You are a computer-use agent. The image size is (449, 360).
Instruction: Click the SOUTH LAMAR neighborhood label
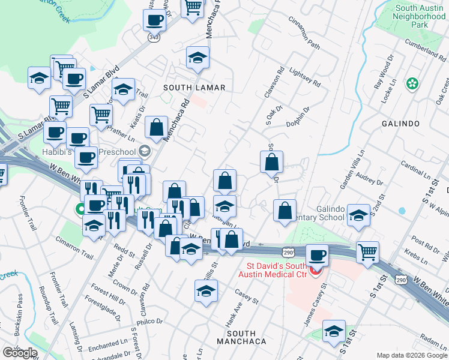point(194,88)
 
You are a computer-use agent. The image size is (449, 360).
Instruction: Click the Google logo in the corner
point(20,353)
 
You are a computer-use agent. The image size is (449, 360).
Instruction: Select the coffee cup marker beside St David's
point(317,254)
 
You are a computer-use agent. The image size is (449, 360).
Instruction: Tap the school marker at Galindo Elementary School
point(358,216)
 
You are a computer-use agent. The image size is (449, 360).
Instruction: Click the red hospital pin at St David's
point(315,271)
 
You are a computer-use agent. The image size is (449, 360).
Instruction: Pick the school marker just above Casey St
point(206,290)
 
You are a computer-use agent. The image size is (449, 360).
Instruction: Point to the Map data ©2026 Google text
point(412,355)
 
